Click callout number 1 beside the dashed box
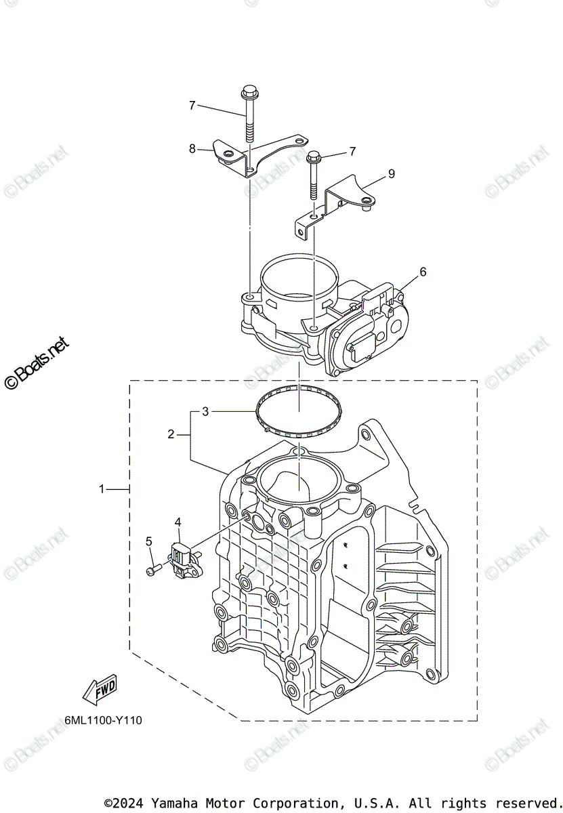(x=102, y=488)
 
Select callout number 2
(x=171, y=434)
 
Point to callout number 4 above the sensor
(x=178, y=522)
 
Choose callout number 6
(x=423, y=272)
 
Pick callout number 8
(x=192, y=148)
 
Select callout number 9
(x=391, y=174)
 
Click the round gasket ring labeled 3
(x=299, y=410)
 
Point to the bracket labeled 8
(x=257, y=156)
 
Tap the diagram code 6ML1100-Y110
(x=104, y=720)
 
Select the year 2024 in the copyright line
(x=130, y=803)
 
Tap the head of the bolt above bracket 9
(x=314, y=158)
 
